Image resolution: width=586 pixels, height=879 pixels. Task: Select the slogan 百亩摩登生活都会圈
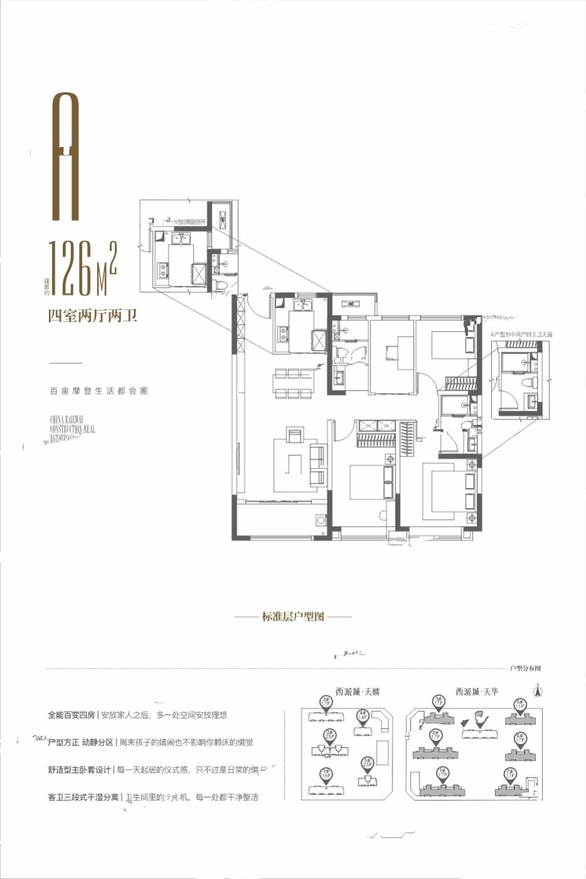coord(99,391)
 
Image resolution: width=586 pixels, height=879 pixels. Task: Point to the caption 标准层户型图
coord(293,617)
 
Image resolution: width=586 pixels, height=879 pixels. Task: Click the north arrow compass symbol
coord(537,692)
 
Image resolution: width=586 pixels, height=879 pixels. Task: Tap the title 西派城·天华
coord(477,691)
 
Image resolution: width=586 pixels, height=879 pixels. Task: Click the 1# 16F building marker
coord(325,774)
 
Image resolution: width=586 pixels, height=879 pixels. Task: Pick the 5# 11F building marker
coord(519,704)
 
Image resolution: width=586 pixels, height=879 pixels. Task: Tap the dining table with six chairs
coord(292,383)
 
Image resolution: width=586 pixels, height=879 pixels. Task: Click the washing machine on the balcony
coord(321,520)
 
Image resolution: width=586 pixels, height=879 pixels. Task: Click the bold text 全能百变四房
coord(72,715)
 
